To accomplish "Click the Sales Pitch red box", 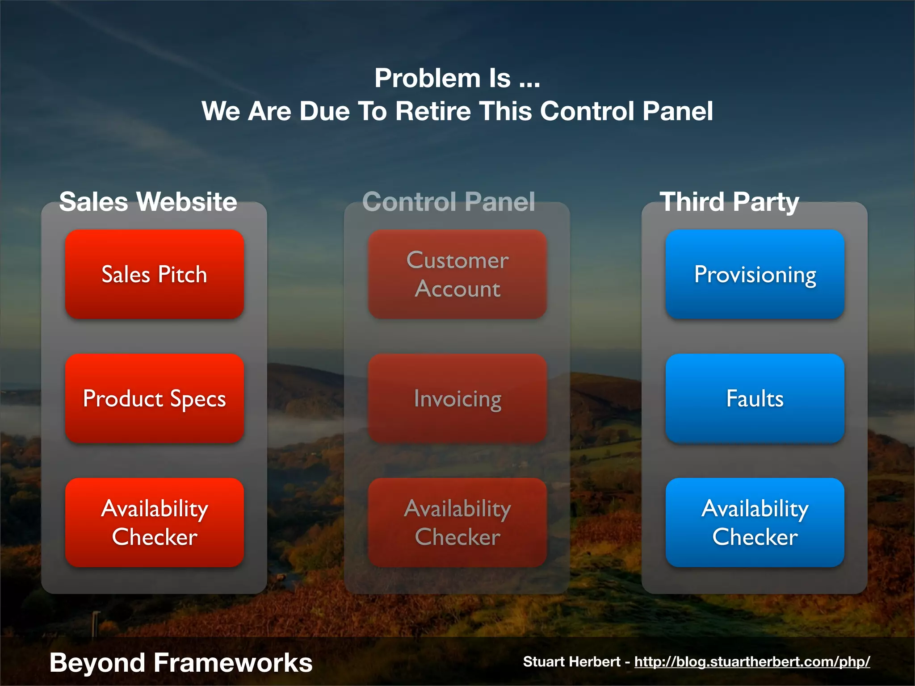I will [154, 274].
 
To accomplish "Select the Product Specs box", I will [154, 398].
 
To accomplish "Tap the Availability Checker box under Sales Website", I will [154, 523].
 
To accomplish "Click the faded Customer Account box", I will [457, 274].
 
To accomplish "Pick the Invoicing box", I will [457, 398].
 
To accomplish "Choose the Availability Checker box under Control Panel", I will [457, 523].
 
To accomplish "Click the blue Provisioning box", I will [755, 274].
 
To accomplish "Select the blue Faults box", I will [755, 398].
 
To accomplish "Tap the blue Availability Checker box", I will [755, 523].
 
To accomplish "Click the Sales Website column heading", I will [148, 201].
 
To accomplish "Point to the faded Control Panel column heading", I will [449, 201].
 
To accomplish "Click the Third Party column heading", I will [729, 201].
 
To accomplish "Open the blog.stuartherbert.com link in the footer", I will [752, 661].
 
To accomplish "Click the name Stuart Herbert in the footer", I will [571, 661].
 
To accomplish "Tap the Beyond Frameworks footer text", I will [180, 662].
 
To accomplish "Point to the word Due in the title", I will [324, 111].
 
